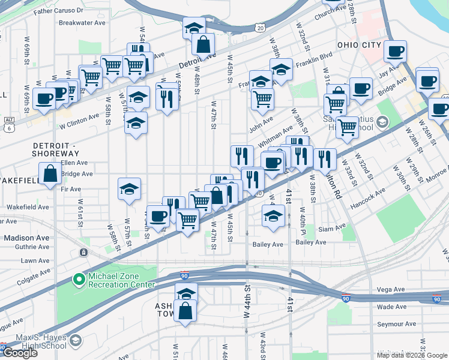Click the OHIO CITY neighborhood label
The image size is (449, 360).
coord(359,45)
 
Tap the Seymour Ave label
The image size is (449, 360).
coord(396,323)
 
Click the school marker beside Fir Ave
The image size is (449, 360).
coord(130,189)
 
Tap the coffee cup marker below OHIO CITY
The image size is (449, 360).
coord(394,52)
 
